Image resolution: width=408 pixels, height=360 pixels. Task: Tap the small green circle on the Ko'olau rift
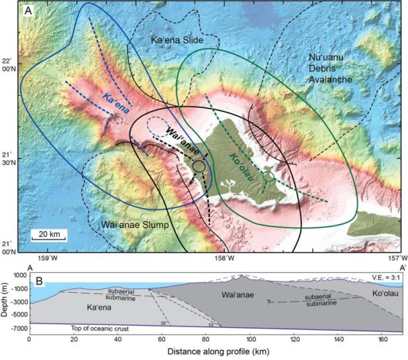269,177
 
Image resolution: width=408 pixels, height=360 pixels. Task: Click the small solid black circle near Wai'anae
199,166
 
